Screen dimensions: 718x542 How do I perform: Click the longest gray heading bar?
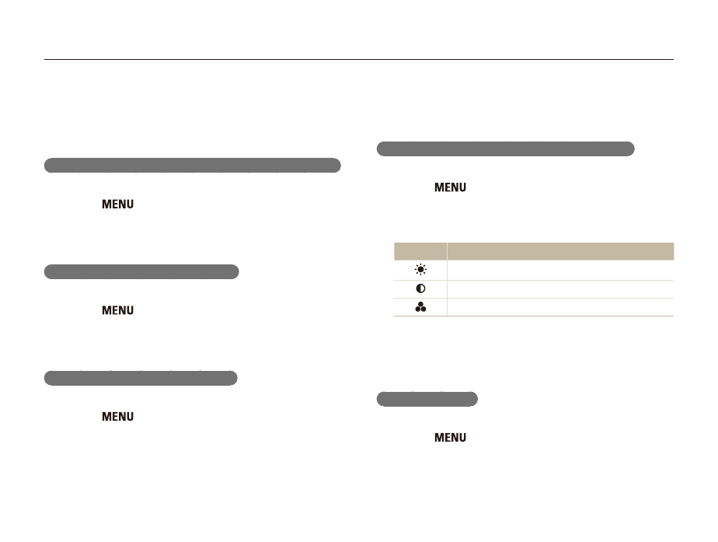point(193,166)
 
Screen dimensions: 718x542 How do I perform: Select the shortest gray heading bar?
point(427,399)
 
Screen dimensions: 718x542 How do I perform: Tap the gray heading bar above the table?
point(506,149)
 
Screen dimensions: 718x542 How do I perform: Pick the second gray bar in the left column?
point(141,271)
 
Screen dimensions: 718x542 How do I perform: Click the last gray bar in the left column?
point(141,378)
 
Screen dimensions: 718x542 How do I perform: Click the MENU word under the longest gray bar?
point(117,205)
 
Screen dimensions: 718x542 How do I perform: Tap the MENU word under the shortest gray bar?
point(450,438)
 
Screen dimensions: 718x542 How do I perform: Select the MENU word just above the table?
point(450,187)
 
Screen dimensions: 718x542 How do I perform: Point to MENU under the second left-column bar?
point(117,310)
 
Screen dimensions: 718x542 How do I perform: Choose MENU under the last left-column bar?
point(117,417)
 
